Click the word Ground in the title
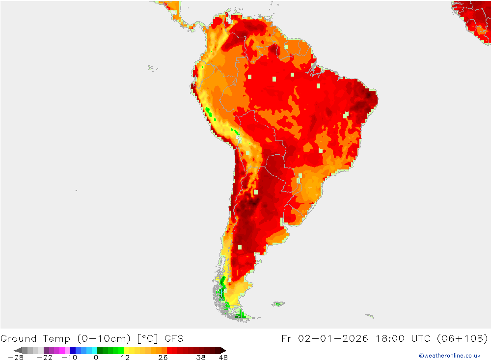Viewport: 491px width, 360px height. pos(18,338)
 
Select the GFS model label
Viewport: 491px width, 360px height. pos(174,338)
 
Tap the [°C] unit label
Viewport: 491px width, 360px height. pos(147,338)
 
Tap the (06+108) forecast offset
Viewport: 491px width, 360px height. pos(466,338)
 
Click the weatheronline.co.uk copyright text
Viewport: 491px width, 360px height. pos(449,356)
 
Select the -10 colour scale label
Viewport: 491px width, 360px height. pos(69,358)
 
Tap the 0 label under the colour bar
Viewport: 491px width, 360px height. pos(96,358)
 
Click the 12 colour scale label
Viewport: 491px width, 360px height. pos(125,358)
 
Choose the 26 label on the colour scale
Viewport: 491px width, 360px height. pos(163,358)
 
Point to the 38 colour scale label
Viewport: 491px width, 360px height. pos(201,358)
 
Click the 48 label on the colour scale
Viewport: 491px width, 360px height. pos(223,358)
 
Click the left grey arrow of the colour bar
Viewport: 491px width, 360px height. pos(17,350)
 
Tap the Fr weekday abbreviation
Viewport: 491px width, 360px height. pos(287,338)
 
